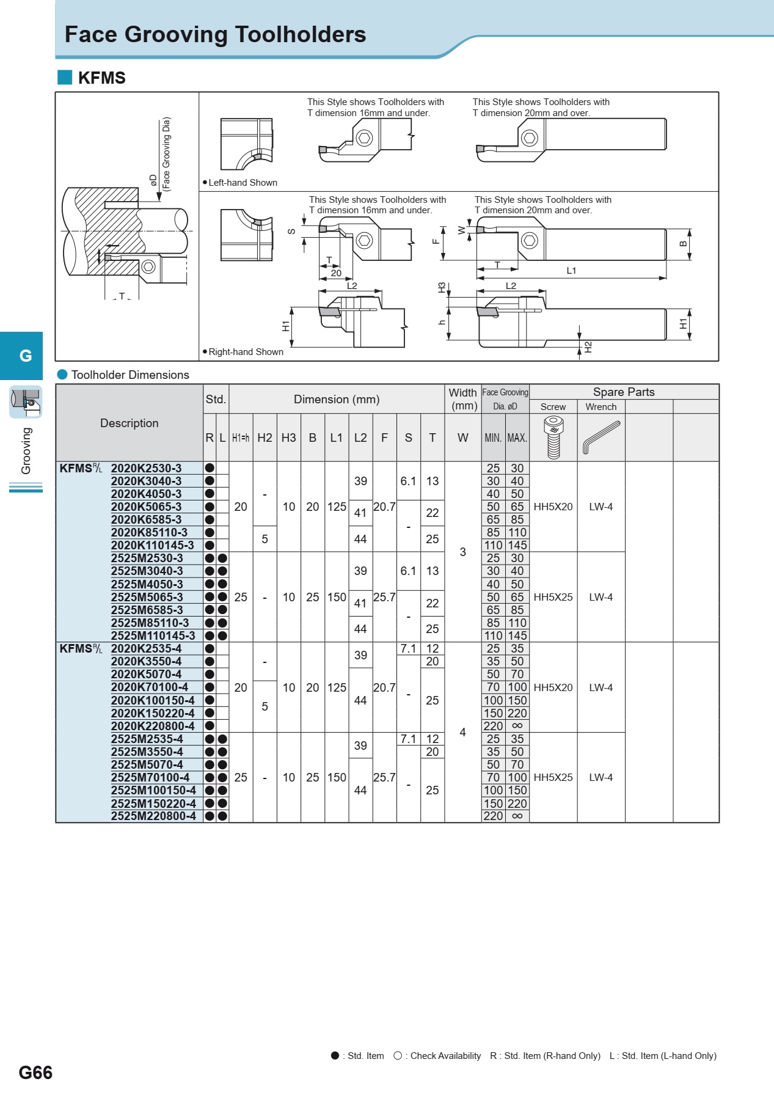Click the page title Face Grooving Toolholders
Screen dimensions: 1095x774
[x=215, y=35]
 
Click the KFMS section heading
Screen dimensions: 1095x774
[x=101, y=78]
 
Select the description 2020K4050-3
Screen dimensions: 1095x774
[x=146, y=494]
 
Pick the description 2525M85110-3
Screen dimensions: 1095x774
[x=150, y=623]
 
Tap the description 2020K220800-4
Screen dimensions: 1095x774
[x=153, y=726]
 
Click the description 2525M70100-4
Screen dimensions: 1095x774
[x=150, y=777]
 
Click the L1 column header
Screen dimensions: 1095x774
[x=337, y=438]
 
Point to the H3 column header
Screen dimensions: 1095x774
[x=288, y=438]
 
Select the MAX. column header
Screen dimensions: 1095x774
[x=517, y=438]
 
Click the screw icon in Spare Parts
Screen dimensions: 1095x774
[x=553, y=437]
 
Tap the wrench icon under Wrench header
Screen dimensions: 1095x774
[x=601, y=437]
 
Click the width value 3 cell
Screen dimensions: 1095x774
[x=462, y=552]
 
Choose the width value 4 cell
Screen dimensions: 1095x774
[x=462, y=732]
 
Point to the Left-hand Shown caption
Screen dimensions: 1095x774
[x=243, y=183]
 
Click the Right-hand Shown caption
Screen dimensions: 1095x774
[x=246, y=352]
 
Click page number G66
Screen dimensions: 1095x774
[x=35, y=1072]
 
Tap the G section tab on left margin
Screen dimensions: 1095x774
[x=25, y=356]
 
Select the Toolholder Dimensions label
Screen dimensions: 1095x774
[x=130, y=375]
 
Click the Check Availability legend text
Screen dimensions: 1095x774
[x=445, y=1056]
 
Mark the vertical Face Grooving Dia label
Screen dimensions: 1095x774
[x=166, y=153]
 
